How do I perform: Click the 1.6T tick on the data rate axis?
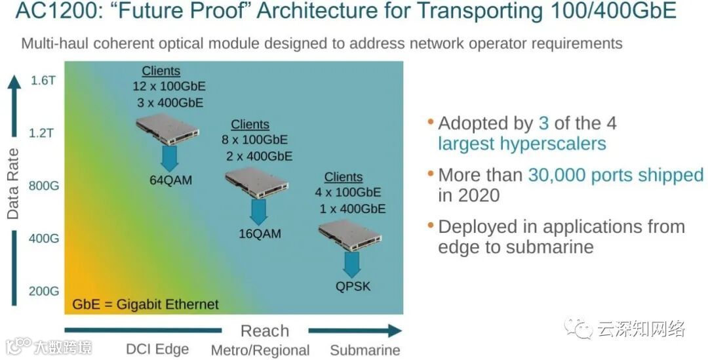point(43,81)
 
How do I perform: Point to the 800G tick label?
point(43,186)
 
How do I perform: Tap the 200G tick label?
point(43,290)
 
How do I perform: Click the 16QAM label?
point(260,233)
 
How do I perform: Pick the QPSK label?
point(353,285)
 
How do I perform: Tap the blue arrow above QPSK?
point(352,264)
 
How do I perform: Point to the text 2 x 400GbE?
point(260,156)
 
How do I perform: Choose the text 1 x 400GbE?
point(353,209)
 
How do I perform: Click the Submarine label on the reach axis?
point(365,350)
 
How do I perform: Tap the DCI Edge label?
point(157,350)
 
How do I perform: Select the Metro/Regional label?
point(260,350)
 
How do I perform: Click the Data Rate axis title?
point(13,184)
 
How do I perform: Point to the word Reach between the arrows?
point(265,331)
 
